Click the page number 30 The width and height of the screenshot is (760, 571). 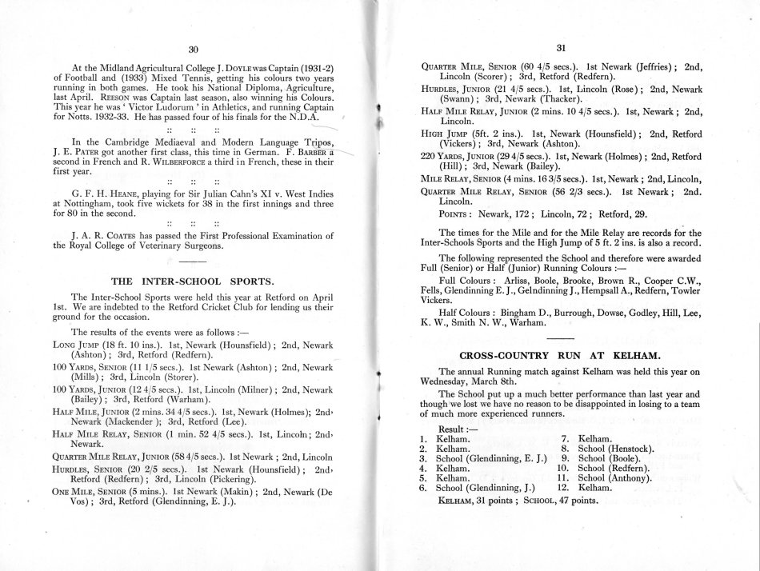(191, 49)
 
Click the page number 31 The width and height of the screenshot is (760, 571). (560, 48)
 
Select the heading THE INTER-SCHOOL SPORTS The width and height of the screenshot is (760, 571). (191, 281)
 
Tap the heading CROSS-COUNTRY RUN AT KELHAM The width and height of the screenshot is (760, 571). (560, 354)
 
